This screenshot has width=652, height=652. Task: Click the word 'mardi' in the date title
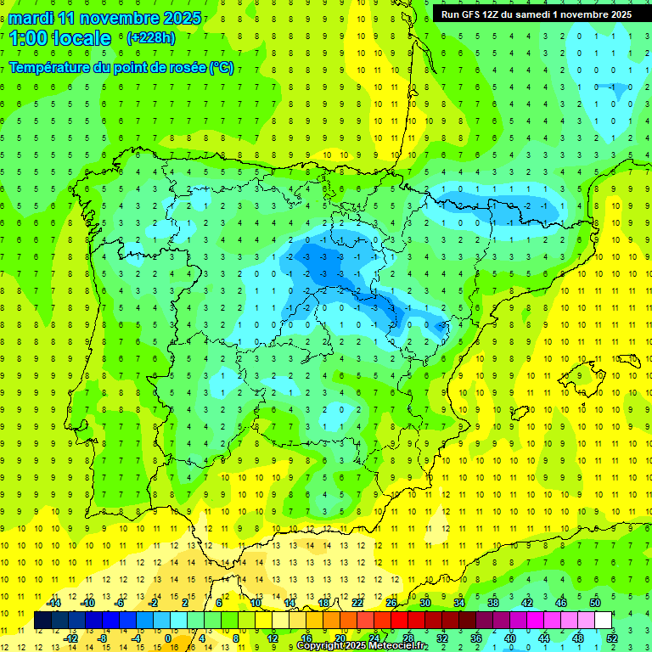[31, 18]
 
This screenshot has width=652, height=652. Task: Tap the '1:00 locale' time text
[60, 38]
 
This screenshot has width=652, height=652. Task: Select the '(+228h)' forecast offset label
[150, 37]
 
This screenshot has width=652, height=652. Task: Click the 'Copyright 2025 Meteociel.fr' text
[362, 646]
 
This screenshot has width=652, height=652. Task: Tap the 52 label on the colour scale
[611, 638]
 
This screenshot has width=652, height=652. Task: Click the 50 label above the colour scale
[594, 603]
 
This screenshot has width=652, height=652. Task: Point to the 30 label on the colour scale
[424, 603]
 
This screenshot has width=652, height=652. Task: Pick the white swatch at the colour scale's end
[603, 621]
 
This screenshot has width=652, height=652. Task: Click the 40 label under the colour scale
[509, 638]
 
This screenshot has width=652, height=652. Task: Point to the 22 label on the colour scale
[357, 603]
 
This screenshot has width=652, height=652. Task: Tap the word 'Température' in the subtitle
[50, 68]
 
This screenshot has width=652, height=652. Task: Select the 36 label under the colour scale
[475, 638]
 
